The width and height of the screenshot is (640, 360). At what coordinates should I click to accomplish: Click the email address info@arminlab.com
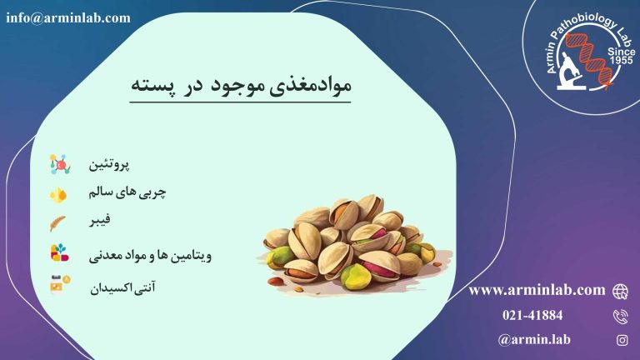(x=68, y=18)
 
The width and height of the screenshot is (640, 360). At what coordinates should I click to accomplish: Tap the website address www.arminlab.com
(x=537, y=290)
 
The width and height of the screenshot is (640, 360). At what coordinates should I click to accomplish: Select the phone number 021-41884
(x=532, y=315)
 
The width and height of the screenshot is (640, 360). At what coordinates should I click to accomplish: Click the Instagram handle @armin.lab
(x=534, y=340)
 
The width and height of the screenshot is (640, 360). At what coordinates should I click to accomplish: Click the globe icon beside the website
(x=620, y=292)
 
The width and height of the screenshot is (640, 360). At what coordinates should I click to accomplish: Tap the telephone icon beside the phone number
(x=621, y=317)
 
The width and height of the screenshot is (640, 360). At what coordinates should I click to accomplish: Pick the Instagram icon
(x=622, y=340)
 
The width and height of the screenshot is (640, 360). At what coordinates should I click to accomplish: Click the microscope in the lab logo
(x=570, y=72)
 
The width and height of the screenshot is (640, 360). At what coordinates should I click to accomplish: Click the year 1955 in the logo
(x=621, y=60)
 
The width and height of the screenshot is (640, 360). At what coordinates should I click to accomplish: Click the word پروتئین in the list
(x=109, y=164)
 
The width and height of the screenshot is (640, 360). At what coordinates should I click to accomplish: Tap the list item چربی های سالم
(x=127, y=192)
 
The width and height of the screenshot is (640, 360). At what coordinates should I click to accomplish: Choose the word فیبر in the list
(x=100, y=220)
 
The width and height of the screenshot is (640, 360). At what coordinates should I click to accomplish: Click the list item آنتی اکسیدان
(x=122, y=287)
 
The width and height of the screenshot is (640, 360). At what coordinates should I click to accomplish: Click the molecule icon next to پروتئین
(x=60, y=164)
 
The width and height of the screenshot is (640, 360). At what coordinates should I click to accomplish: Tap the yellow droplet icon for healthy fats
(x=58, y=195)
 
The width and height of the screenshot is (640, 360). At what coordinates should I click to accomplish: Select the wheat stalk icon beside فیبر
(x=57, y=223)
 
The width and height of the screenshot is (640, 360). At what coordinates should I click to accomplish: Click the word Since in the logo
(x=621, y=52)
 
